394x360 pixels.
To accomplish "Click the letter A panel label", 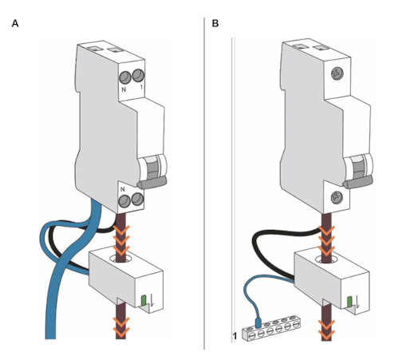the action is point(15,24).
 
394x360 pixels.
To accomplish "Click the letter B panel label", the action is point(215,24).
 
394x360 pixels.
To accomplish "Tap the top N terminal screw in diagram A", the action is point(124,77).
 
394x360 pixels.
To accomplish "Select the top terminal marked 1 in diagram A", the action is point(138,75).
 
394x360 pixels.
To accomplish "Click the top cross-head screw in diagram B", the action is point(337,73).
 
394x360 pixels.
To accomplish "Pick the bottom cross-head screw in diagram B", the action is point(337,198).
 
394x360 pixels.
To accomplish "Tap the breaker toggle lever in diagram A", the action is point(152,183).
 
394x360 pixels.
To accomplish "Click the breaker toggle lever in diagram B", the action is point(357,183).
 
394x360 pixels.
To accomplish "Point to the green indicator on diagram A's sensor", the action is point(144,300).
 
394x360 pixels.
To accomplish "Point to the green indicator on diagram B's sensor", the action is point(350,302).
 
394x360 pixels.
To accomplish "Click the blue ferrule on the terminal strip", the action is point(258,322).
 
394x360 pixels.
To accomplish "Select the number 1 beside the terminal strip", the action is point(234,336).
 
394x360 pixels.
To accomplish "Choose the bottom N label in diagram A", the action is point(123,190).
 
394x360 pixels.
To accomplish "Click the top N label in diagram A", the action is point(124,89).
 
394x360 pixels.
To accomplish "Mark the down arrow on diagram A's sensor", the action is point(152,300).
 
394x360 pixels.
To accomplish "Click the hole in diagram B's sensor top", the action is point(326,259).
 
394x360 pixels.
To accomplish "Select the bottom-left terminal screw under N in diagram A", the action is point(124,201).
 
